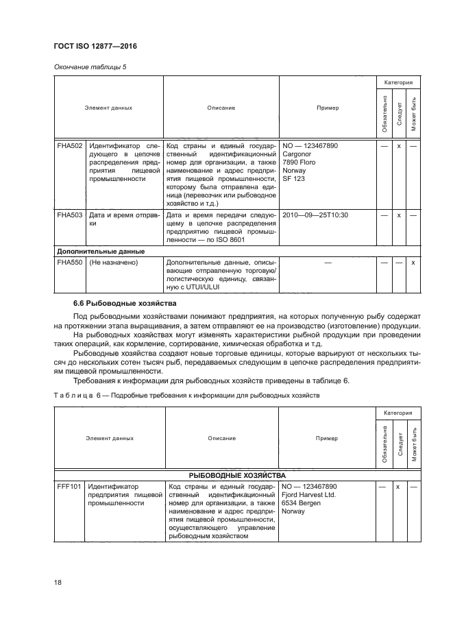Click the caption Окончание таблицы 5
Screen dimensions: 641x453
pyautogui.click(x=85, y=66)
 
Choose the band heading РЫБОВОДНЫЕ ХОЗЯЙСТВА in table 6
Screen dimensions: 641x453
pyautogui.click(x=237, y=474)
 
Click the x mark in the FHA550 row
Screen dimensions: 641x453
pyautogui.click(x=413, y=263)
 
